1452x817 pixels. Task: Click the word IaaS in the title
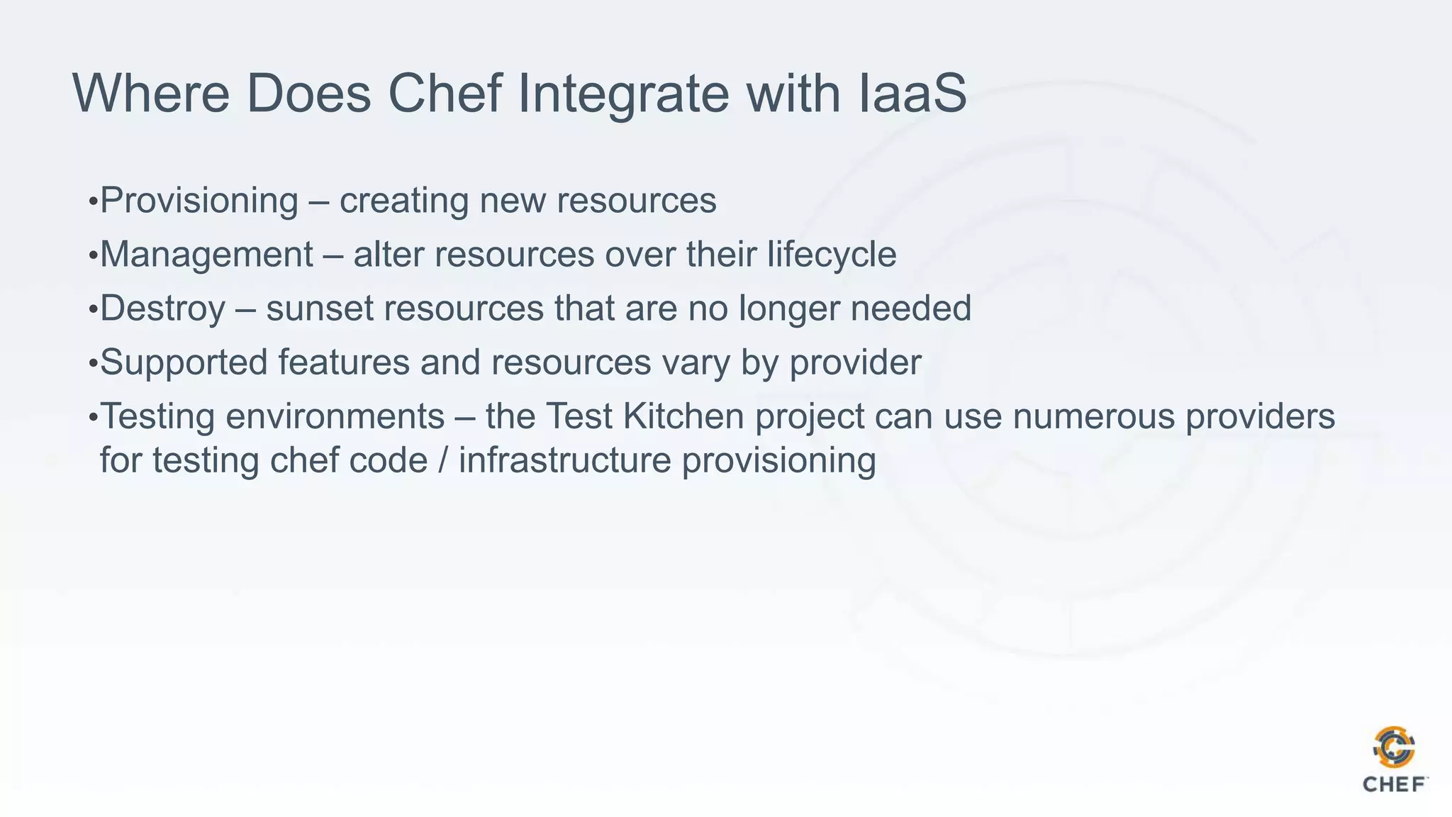pyautogui.click(x=912, y=93)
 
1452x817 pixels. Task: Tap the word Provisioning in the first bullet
pyautogui.click(x=199, y=201)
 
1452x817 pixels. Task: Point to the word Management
pyautogui.click(x=206, y=255)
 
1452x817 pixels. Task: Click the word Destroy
pyautogui.click(x=162, y=309)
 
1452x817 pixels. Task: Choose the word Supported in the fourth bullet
pyautogui.click(x=184, y=362)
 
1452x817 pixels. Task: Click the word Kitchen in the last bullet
pyautogui.click(x=683, y=416)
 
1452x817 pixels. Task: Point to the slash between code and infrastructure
pyautogui.click(x=444, y=460)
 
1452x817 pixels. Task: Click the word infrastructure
pyautogui.click(x=564, y=460)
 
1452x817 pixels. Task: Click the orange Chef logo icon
pyautogui.click(x=1394, y=747)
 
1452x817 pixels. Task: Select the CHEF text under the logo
pyautogui.click(x=1394, y=784)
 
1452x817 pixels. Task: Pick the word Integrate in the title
pyautogui.click(x=623, y=93)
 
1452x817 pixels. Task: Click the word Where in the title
pyautogui.click(x=151, y=93)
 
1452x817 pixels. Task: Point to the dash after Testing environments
pyautogui.click(x=465, y=418)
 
